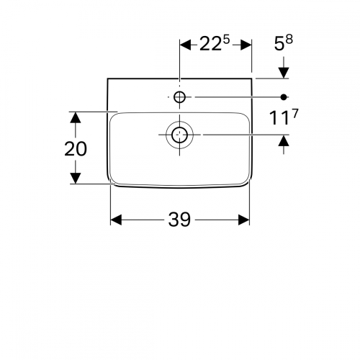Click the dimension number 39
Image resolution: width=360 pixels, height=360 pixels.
point(179,220)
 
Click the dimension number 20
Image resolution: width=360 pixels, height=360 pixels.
point(76,149)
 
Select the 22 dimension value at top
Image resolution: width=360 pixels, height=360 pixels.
point(210,44)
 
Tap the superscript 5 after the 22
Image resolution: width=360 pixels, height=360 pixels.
point(226,40)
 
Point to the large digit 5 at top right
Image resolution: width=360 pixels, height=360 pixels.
point(279,44)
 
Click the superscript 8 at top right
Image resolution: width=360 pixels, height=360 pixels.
point(289,40)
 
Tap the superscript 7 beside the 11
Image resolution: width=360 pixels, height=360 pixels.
point(294,114)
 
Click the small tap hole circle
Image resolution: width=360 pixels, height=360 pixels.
point(179,97)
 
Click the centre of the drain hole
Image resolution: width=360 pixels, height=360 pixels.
point(179,135)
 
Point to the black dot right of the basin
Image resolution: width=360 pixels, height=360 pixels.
point(284,97)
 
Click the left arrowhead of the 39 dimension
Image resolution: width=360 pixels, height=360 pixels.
point(116,220)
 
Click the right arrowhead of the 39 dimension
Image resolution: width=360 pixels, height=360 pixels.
point(243,220)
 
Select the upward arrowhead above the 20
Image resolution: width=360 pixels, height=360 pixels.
point(76,117)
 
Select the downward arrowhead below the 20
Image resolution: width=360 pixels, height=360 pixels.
point(76,179)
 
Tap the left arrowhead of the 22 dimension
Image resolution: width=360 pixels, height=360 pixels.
point(186,45)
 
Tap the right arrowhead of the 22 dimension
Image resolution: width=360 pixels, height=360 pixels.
point(246,45)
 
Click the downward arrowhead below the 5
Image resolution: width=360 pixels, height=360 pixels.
point(284,73)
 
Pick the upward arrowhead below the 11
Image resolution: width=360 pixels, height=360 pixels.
point(284,140)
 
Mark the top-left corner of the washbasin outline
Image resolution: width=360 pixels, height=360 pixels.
point(107,78)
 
